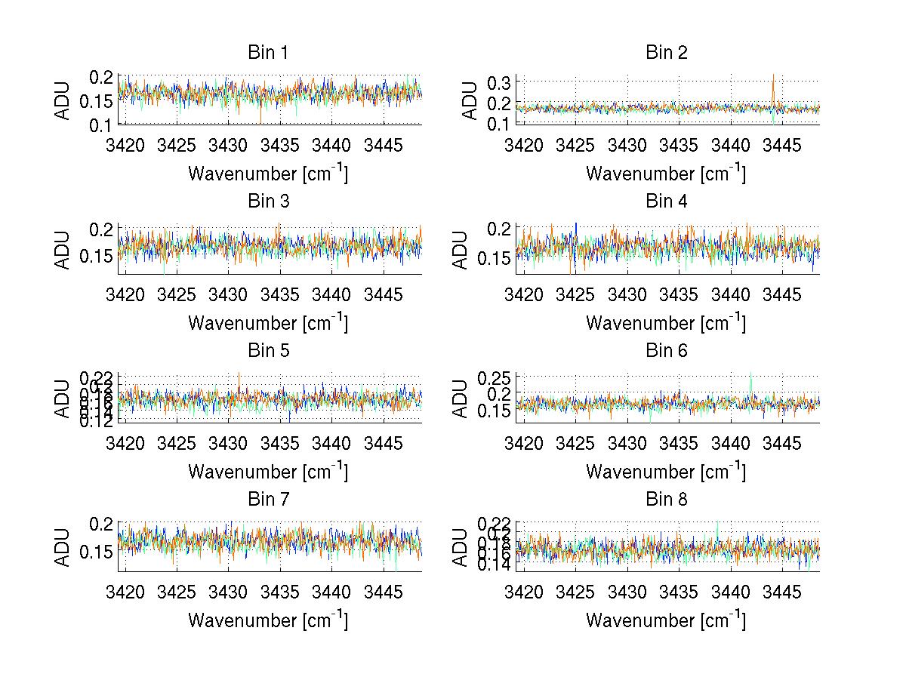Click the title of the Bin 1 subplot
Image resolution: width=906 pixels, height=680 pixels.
coord(268,53)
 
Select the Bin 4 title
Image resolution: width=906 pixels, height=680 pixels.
coord(667,202)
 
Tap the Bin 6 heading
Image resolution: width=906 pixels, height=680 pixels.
coord(667,350)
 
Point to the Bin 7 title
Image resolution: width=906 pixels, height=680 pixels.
coord(268,499)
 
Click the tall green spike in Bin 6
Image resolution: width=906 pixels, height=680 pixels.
coord(750,375)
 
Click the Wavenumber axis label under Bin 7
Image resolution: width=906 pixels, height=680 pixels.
coord(268,620)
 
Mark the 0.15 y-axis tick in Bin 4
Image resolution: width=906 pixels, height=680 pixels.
coord(494,259)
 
